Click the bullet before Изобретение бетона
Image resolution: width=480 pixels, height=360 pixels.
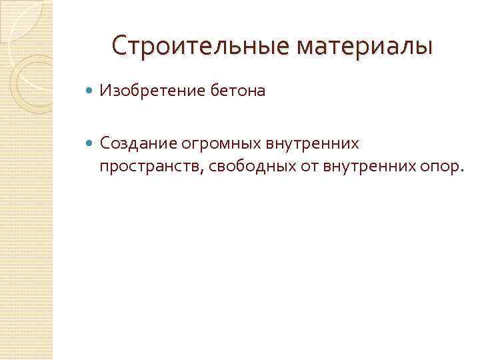[91, 91]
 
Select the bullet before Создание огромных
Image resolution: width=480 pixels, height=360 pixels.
[91, 143]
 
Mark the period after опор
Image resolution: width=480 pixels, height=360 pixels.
[459, 171]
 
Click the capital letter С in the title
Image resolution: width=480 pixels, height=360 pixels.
[120, 46]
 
